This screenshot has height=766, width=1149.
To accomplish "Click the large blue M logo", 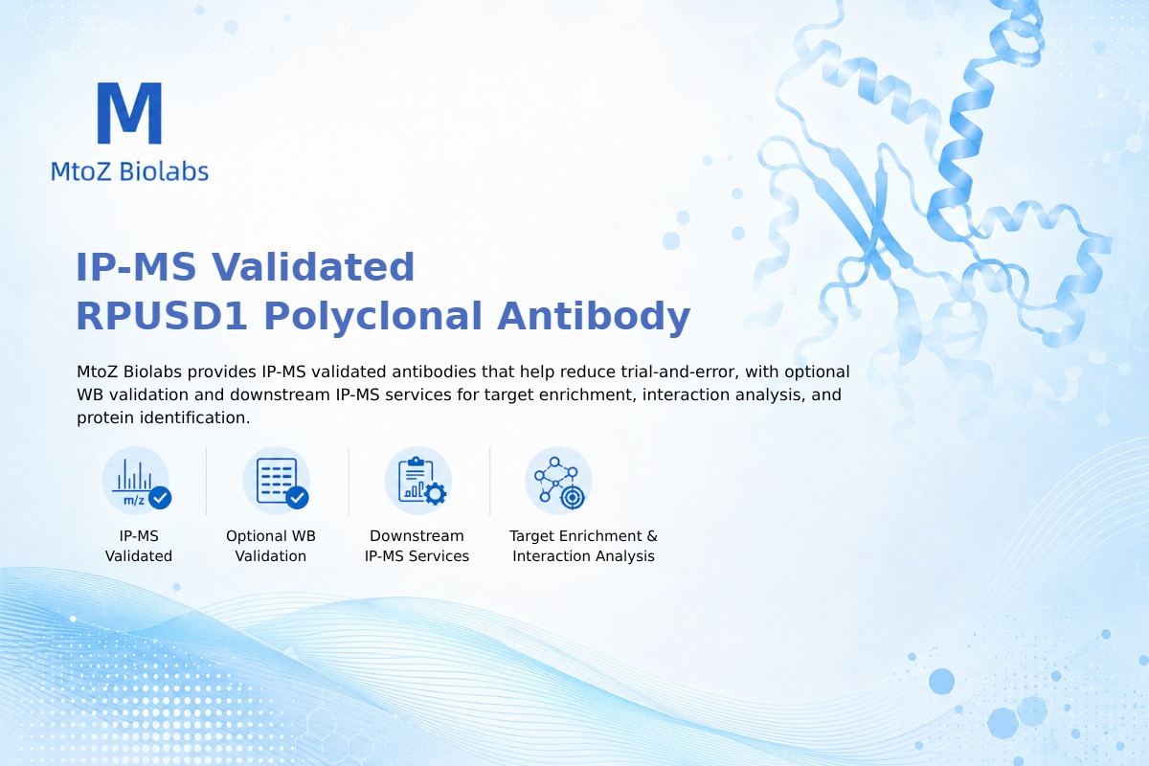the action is pyautogui.click(x=130, y=113).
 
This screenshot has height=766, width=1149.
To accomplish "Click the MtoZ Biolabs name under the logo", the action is pyautogui.click(x=130, y=171).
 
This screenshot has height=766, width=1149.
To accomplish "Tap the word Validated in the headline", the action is pyautogui.click(x=313, y=267).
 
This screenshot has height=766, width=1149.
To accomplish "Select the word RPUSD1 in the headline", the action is pyautogui.click(x=162, y=316).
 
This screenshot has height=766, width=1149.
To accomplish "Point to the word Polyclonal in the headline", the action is pyautogui.click(x=372, y=317).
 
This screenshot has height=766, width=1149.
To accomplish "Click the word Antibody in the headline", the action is pyautogui.click(x=594, y=317).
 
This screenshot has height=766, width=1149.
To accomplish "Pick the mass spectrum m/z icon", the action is pyautogui.click(x=136, y=481).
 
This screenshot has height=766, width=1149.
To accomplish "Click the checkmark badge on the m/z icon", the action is pyautogui.click(x=160, y=497).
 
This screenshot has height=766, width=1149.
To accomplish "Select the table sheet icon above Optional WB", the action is pyautogui.click(x=277, y=481).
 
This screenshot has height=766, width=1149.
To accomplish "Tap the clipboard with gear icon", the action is pyautogui.click(x=418, y=481).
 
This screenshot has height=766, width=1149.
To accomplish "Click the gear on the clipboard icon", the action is pyautogui.click(x=435, y=494).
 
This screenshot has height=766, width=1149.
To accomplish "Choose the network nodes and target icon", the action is pyautogui.click(x=558, y=481).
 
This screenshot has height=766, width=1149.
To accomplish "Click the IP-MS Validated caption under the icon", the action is pyautogui.click(x=139, y=546).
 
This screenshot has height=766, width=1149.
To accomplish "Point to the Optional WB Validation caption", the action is pyautogui.click(x=271, y=546).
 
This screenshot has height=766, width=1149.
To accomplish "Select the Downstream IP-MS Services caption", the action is pyautogui.click(x=417, y=546).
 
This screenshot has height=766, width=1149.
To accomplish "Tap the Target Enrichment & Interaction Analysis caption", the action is pyautogui.click(x=584, y=546).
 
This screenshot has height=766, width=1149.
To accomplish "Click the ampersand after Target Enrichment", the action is pyautogui.click(x=652, y=536).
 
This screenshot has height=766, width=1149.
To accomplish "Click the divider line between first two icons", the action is pyautogui.click(x=206, y=481).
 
